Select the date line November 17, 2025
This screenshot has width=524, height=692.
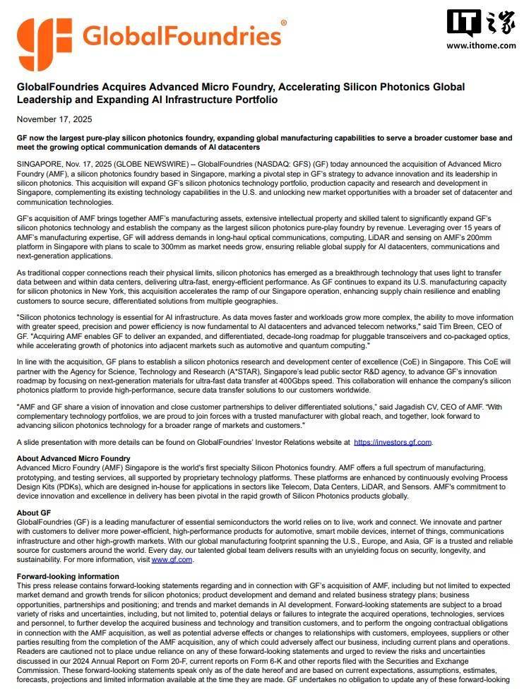[x=54, y=119]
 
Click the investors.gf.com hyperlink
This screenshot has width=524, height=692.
[x=392, y=442]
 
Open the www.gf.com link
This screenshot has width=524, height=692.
[x=172, y=559]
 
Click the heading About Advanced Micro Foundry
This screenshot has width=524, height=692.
[x=73, y=459]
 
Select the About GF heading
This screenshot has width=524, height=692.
[x=33, y=513]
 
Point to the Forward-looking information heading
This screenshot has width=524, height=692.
[x=68, y=577]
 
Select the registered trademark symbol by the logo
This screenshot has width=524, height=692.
[x=284, y=23]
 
